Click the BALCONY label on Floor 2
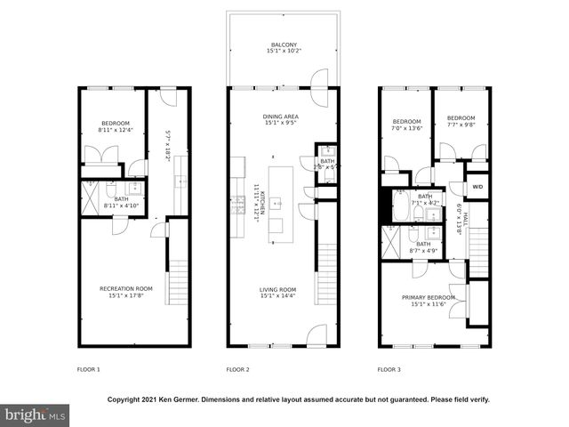284,44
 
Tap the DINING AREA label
280,117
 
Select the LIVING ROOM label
278,290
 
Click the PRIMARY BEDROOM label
428,297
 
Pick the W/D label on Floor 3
477,187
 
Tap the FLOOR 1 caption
87,369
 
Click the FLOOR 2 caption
237,369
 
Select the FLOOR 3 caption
389,369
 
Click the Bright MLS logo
36,415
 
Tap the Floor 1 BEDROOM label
116,123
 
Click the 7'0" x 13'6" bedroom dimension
406,127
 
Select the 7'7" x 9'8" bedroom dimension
461,125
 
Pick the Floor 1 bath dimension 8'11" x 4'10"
121,205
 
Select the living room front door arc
317,334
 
